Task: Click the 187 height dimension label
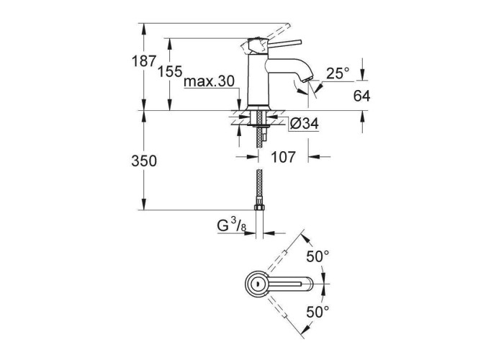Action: (x=144, y=60)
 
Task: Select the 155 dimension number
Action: (x=170, y=71)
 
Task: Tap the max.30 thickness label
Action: (x=209, y=81)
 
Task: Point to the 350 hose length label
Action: (x=144, y=161)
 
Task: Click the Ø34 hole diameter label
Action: (x=304, y=124)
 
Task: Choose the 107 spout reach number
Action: (x=283, y=157)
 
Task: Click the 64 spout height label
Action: (x=361, y=96)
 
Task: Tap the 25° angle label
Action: (x=338, y=73)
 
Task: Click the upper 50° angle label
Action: (x=318, y=256)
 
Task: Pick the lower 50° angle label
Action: (x=318, y=312)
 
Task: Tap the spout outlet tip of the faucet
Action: (x=307, y=79)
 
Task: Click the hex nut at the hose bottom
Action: (x=259, y=207)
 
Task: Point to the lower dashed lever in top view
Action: (x=276, y=307)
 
